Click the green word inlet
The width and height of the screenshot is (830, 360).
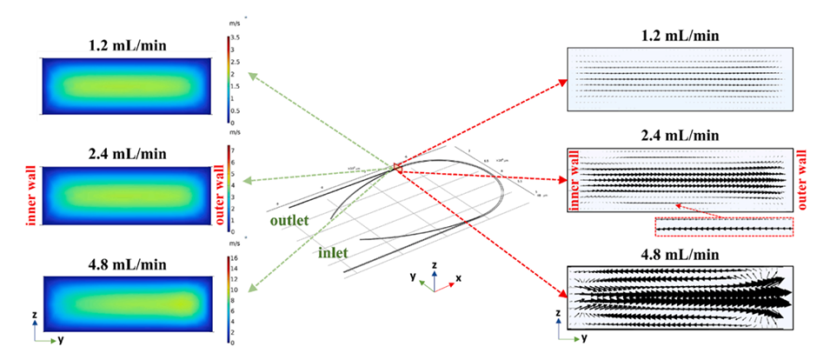coord(332,251)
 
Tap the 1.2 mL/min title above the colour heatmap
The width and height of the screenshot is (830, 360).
coord(125,44)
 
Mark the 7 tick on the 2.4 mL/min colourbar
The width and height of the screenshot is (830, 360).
coord(233,150)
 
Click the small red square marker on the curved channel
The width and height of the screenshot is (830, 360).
coord(396,167)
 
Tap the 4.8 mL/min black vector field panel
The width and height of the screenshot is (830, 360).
coord(678,297)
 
